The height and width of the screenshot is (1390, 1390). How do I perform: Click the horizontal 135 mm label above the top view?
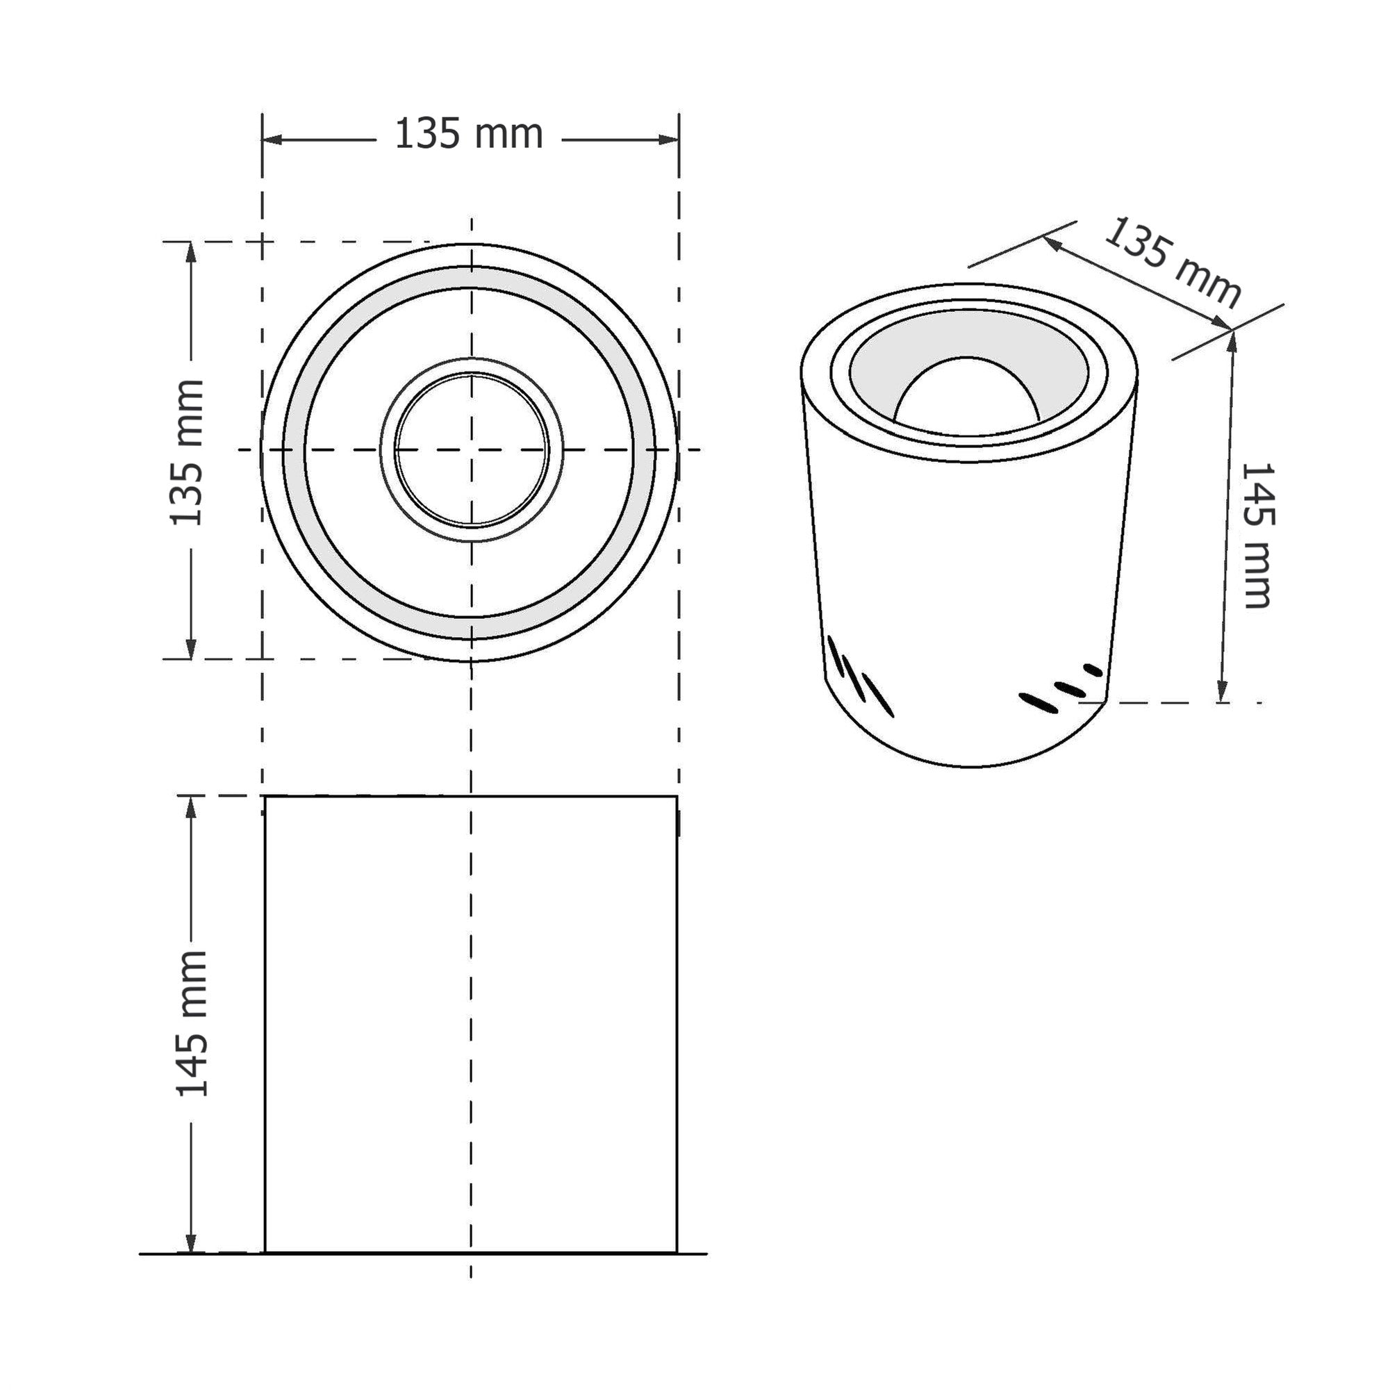click(468, 135)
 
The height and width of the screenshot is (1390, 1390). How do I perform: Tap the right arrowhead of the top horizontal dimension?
click(669, 140)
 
